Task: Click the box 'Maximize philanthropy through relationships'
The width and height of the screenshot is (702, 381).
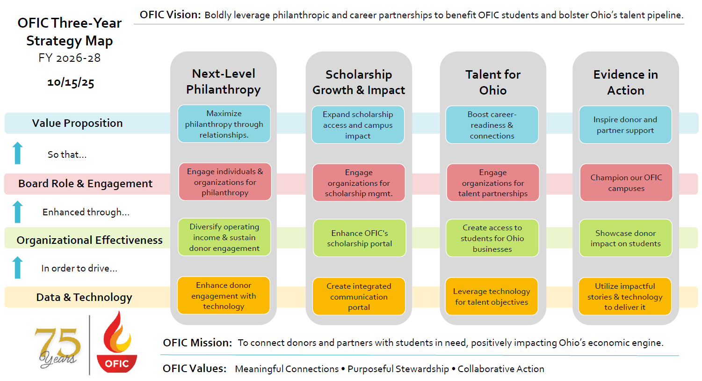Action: [224, 124]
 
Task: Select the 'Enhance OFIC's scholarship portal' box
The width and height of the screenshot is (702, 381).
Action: [359, 238]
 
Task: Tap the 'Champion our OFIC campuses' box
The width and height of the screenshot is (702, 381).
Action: [626, 183]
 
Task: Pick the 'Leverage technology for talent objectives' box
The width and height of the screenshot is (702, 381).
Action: [492, 297]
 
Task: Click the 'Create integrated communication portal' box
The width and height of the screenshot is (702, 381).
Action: [359, 296]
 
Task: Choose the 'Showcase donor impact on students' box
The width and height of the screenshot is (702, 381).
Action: [625, 238]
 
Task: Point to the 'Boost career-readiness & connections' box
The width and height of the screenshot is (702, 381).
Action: [492, 125]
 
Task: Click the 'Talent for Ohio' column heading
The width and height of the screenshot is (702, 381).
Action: [493, 82]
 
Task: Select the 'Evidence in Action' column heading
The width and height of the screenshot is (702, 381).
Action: [626, 82]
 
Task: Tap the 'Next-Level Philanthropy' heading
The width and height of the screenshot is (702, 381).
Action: [224, 81]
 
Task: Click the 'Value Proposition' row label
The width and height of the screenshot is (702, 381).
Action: [78, 123]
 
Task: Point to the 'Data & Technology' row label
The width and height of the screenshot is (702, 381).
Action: [84, 297]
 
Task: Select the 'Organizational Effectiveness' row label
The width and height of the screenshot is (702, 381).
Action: [89, 240]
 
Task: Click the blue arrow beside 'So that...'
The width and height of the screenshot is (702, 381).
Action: [18, 153]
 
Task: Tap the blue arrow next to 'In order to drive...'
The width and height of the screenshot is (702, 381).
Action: [18, 267]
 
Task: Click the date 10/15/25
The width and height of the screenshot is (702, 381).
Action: [71, 82]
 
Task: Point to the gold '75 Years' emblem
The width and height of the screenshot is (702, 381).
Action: [58, 346]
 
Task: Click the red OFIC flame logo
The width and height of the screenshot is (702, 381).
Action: [116, 344]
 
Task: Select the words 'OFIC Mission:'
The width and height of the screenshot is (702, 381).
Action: [197, 343]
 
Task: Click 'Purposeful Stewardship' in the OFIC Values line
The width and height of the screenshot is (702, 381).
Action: [398, 369]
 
